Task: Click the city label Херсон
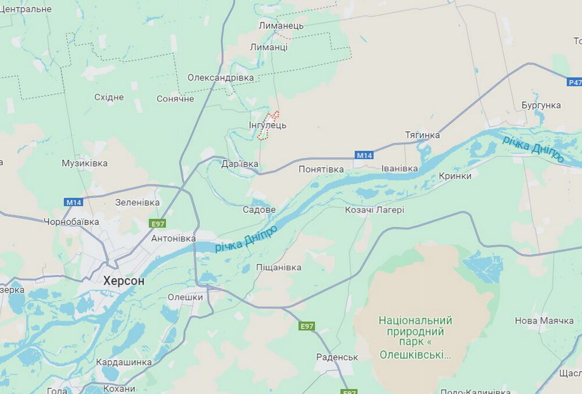pos(123,281)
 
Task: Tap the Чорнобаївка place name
pos(72,221)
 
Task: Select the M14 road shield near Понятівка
pos(364,155)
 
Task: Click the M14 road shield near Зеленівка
pos(74,202)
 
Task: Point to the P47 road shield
pos(574,83)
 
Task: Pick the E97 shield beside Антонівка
pos(158,224)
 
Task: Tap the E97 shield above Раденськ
pos(307,326)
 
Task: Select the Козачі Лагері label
pos(374,210)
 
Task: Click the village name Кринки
pos(455,175)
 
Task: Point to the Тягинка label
pos(422,135)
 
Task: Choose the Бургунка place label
pos(541,105)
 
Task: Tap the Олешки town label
pos(185,297)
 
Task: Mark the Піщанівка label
pos(279,268)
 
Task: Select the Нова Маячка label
pos(544,321)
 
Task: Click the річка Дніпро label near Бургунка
pos(533,148)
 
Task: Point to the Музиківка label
pos(84,163)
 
